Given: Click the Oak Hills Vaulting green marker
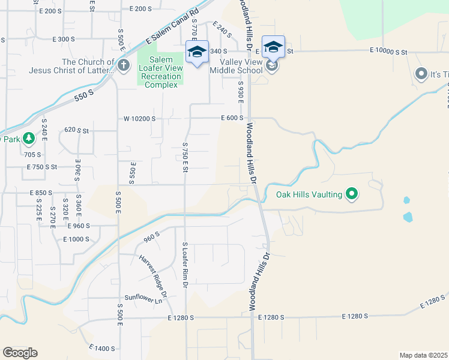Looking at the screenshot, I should [x=352, y=194].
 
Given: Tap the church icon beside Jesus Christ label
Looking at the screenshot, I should [x=124, y=65].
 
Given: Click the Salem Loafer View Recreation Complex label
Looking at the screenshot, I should [x=160, y=72].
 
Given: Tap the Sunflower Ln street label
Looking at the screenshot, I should [x=143, y=298].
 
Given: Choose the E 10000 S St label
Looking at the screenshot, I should [x=388, y=52].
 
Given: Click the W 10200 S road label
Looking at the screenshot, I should [x=139, y=119].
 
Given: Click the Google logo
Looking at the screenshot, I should [x=20, y=353].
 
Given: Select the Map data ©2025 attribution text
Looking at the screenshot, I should [x=424, y=355].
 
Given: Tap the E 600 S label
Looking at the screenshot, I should [x=232, y=118].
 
